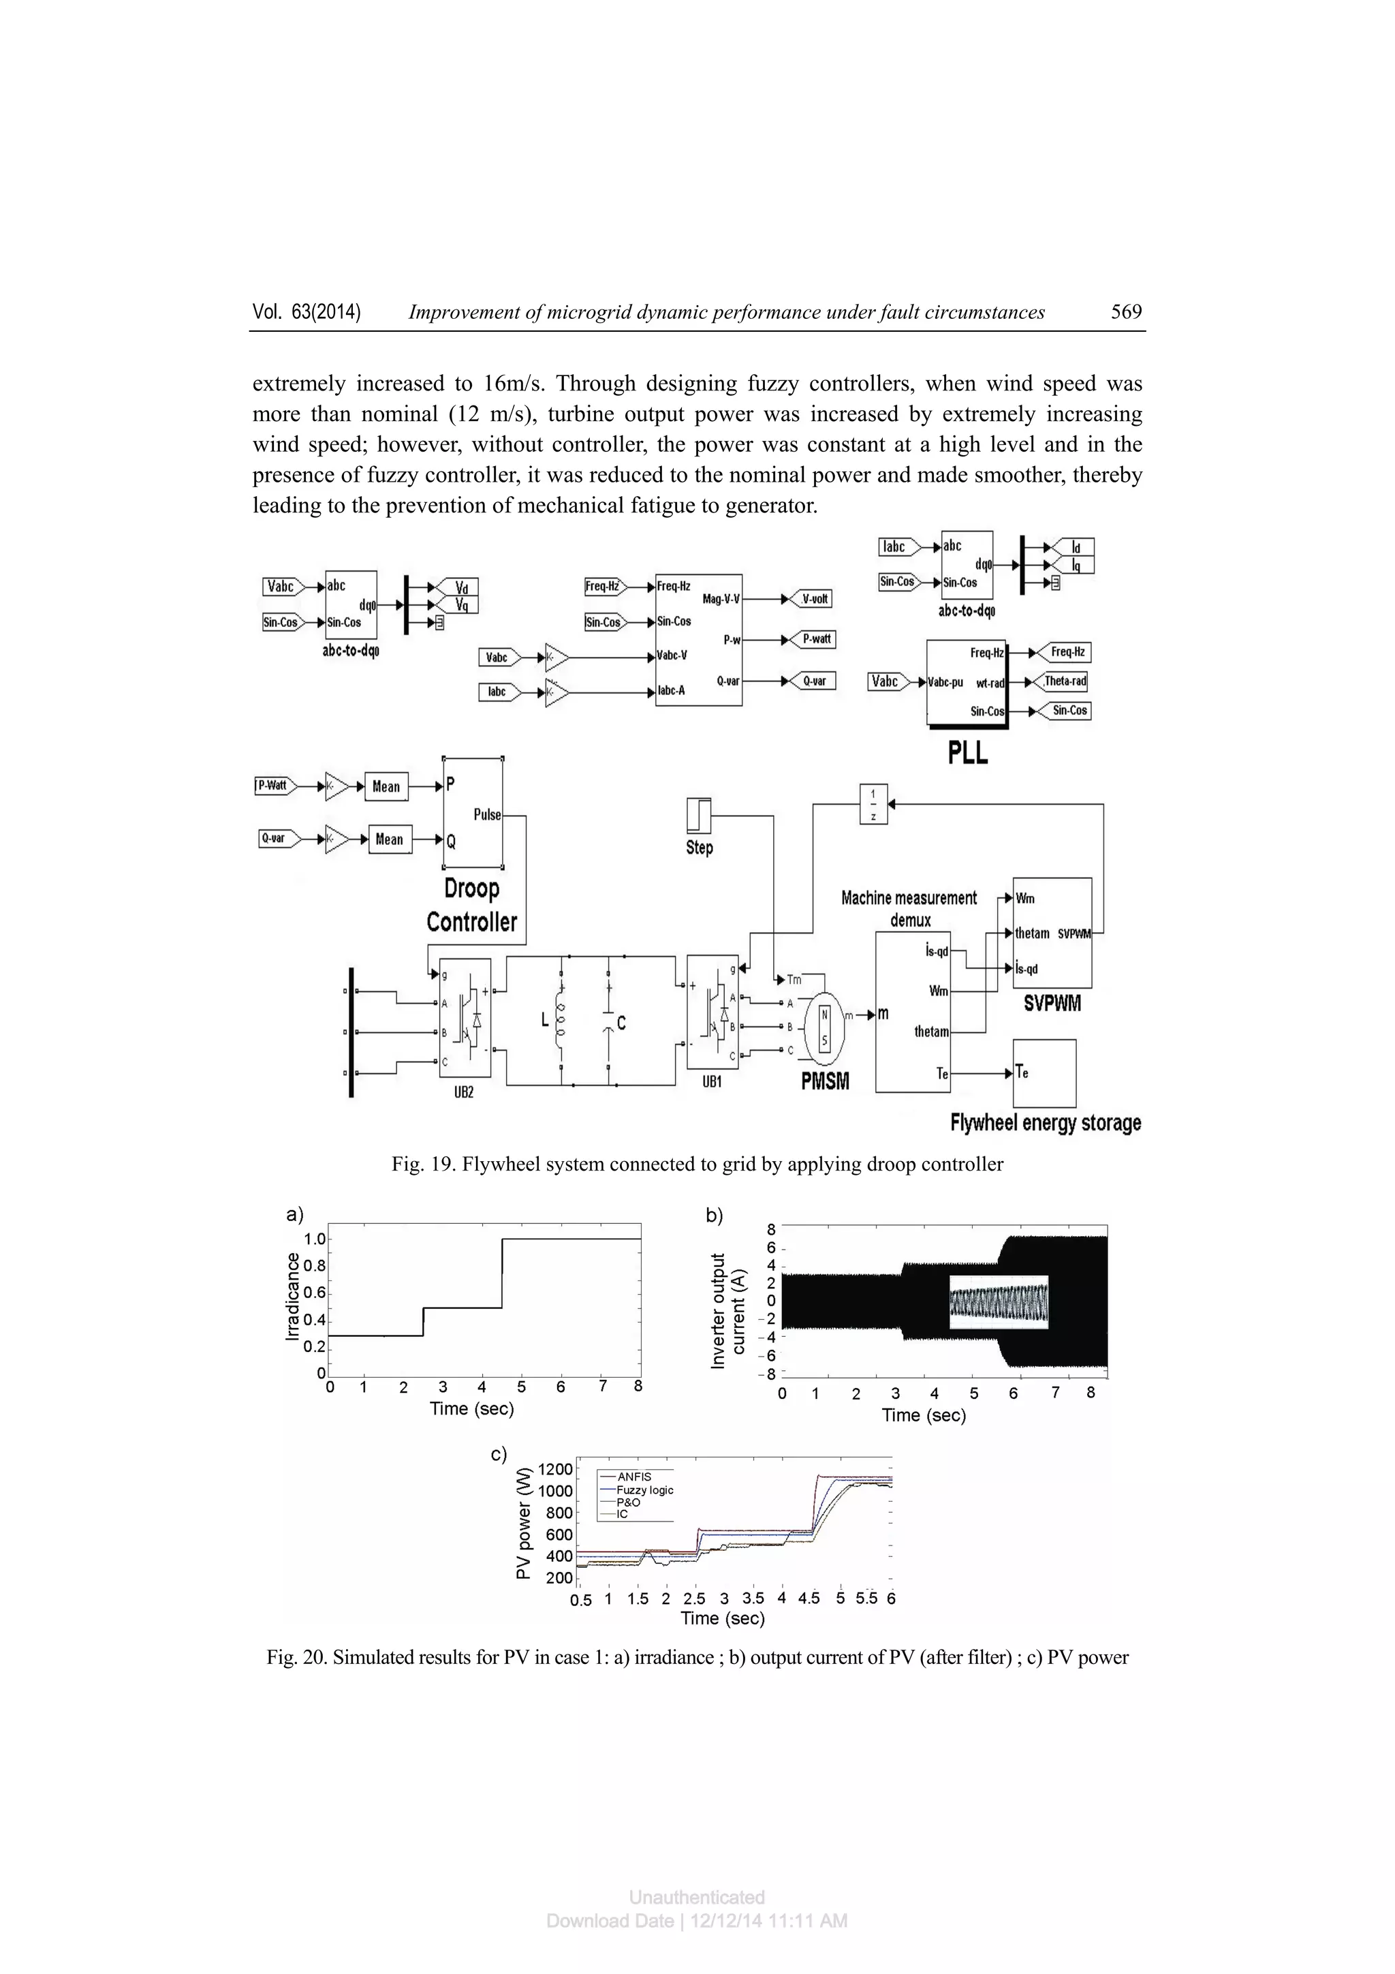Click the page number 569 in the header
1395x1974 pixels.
click(x=1125, y=312)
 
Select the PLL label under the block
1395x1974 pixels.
click(x=968, y=752)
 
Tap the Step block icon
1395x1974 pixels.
click(x=699, y=815)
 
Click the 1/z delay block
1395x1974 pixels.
click(x=873, y=804)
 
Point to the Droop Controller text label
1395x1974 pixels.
click(x=472, y=906)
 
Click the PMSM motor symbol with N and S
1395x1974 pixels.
click(x=824, y=1028)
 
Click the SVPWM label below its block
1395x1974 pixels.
click(x=1052, y=1003)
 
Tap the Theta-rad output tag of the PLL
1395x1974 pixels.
click(x=1065, y=681)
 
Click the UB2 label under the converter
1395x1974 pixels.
click(x=463, y=1093)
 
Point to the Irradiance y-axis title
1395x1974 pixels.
click(x=293, y=1297)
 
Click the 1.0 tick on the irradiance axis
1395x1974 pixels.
click(x=315, y=1239)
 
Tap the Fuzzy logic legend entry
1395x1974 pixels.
click(x=644, y=1490)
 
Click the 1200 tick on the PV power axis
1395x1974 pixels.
click(x=554, y=1469)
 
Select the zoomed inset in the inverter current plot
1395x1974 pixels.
click(x=999, y=1301)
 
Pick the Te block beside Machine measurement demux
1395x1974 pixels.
click(x=1044, y=1073)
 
